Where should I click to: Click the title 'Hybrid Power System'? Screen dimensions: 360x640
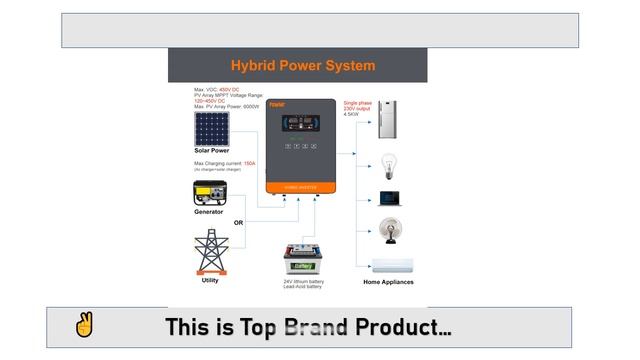[303, 66]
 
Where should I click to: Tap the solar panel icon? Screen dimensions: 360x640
[211, 128]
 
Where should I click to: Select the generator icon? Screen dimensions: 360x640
[210, 193]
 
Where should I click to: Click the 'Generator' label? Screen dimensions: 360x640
[209, 212]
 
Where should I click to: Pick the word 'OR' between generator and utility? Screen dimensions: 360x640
[239, 222]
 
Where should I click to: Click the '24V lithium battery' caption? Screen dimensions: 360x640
[303, 282]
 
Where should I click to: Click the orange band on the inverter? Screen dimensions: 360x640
[300, 186]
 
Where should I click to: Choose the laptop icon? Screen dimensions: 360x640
[389, 198]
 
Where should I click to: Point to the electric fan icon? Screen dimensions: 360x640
[388, 230]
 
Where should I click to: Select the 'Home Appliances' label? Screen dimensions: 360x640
[388, 282]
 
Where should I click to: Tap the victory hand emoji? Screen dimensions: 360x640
[84, 326]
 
